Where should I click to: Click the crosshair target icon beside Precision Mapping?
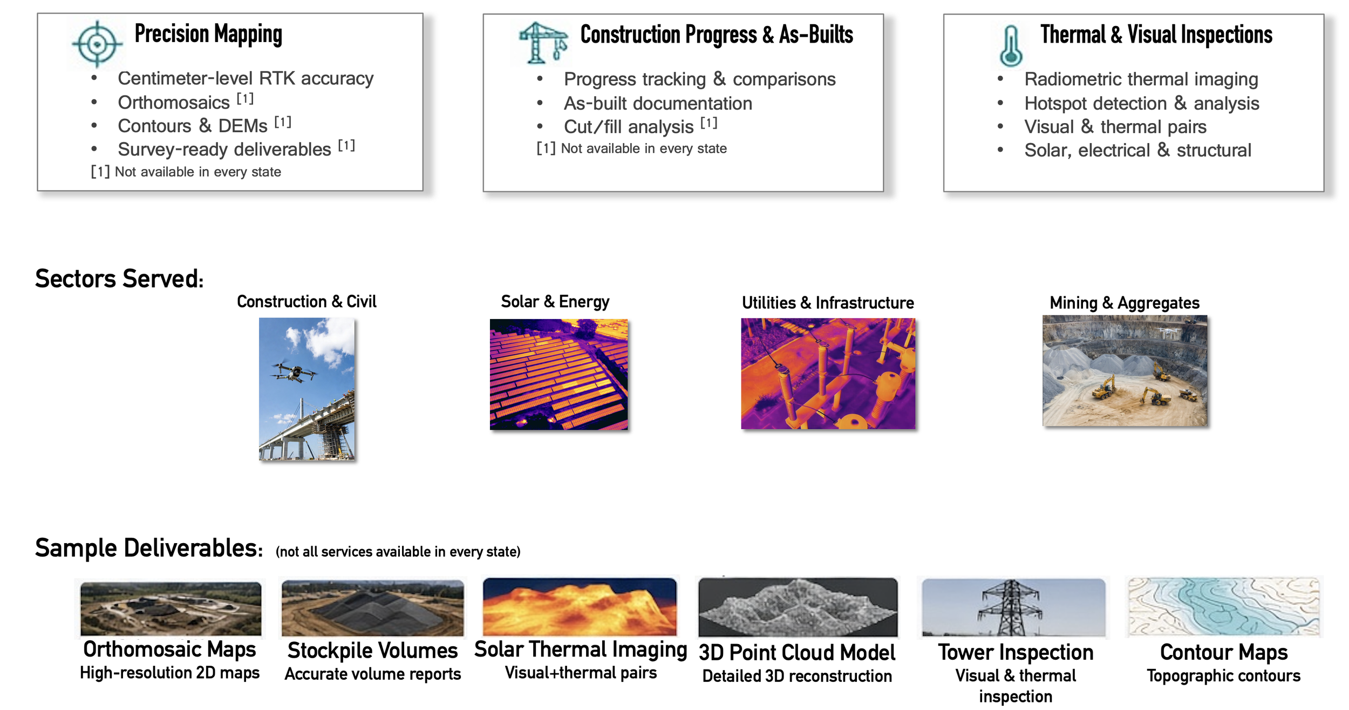click(x=97, y=44)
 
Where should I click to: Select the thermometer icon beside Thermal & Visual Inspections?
click(x=1011, y=46)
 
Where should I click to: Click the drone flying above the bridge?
click(x=294, y=372)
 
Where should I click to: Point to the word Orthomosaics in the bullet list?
click(x=174, y=103)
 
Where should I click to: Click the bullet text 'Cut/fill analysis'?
click(x=629, y=127)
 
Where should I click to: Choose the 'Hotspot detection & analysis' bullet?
click(x=1142, y=103)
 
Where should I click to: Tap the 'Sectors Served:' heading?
click(x=119, y=279)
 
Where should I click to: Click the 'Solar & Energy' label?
click(x=555, y=302)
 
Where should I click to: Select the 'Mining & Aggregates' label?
click(x=1125, y=303)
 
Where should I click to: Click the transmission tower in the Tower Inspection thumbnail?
click(x=1010, y=607)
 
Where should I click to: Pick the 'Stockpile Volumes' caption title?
click(x=372, y=651)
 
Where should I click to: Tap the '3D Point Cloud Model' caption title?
click(x=797, y=653)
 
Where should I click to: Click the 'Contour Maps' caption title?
click(x=1224, y=653)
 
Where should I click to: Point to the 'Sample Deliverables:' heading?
click(x=149, y=548)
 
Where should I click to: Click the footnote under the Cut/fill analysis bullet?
click(x=631, y=148)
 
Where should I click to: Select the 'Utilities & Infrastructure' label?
click(x=828, y=303)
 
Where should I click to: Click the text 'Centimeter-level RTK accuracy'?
click(x=246, y=79)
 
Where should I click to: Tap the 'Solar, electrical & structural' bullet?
click(x=1137, y=150)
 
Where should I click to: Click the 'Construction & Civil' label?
click(x=306, y=301)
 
